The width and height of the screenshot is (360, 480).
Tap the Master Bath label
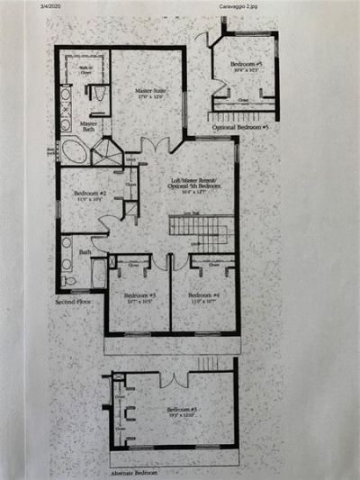point(89,127)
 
